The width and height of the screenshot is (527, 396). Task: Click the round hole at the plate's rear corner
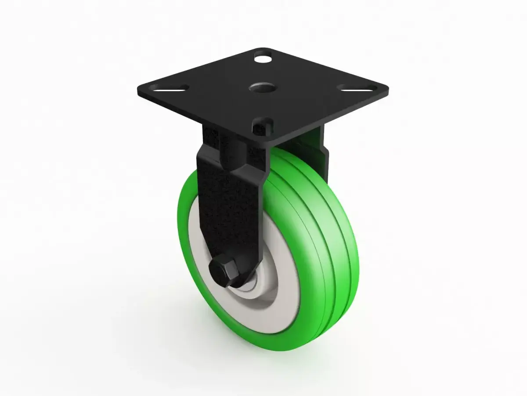[263, 57]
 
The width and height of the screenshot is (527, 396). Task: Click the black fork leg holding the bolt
[228, 207]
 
